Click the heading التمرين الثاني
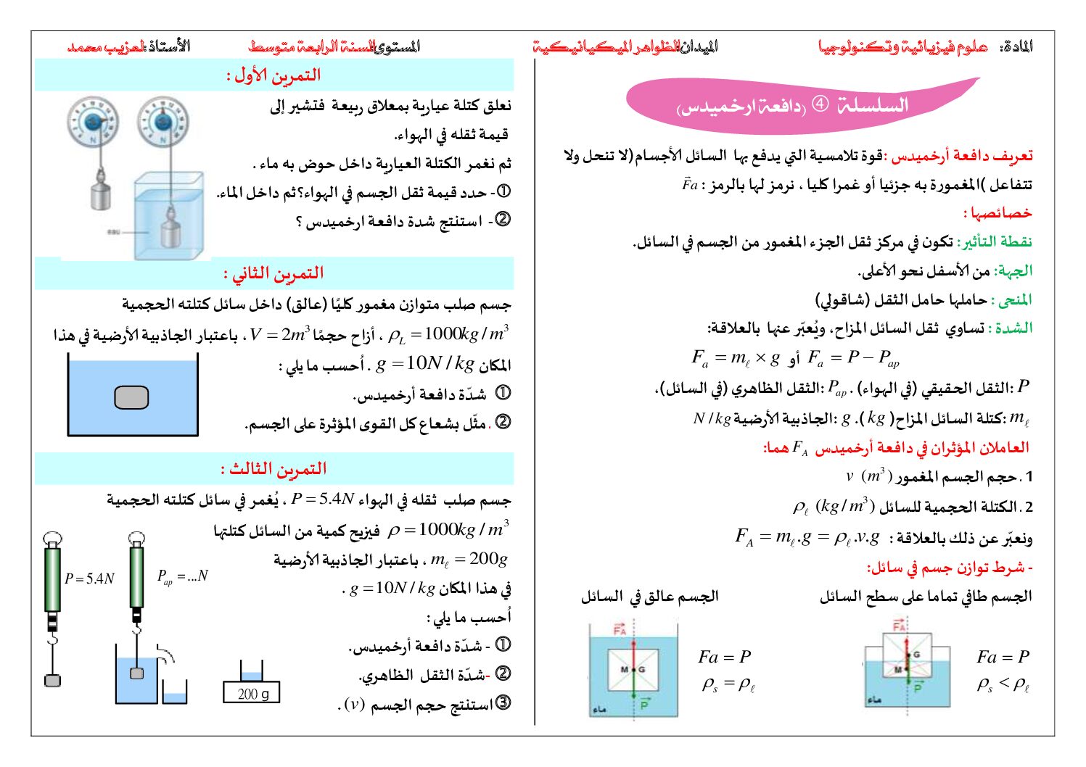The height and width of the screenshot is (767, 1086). tap(273, 273)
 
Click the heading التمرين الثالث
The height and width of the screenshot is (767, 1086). tap(273, 469)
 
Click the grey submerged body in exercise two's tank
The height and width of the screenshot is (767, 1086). tap(131, 397)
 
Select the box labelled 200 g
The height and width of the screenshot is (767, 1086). tap(252, 694)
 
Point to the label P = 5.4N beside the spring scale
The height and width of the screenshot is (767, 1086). tap(90, 579)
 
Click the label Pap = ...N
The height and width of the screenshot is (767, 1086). tap(182, 576)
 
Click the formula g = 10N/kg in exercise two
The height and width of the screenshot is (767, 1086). tap(424, 363)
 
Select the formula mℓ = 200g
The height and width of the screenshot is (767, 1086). tap(469, 559)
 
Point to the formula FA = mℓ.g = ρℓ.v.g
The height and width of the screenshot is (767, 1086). tap(807, 537)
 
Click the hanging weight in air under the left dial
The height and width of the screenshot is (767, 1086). tap(99, 196)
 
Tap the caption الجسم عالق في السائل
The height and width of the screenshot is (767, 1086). tap(649, 597)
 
